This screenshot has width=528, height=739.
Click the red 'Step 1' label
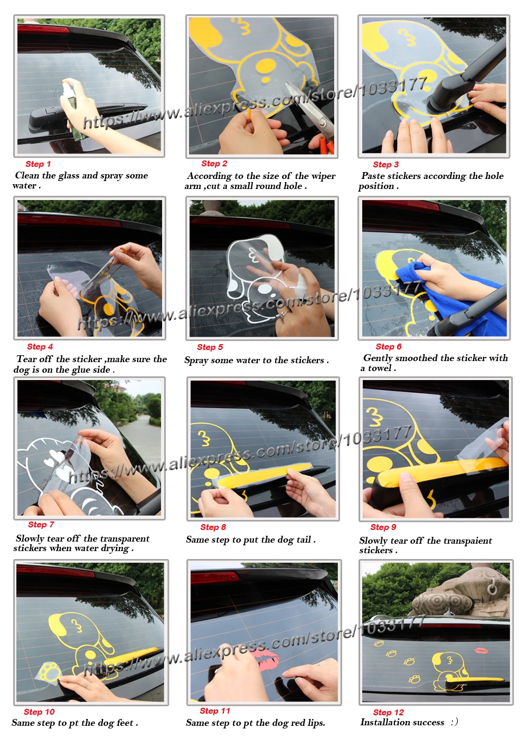(38, 164)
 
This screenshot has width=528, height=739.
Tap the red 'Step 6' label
(389, 346)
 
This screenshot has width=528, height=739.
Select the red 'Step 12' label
(389, 712)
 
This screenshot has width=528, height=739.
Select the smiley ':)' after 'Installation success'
(454, 722)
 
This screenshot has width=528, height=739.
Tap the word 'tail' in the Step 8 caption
(304, 539)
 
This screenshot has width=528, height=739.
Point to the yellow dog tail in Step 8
(264, 475)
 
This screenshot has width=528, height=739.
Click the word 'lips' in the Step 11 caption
(315, 723)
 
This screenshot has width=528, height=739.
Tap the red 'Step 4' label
(40, 346)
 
